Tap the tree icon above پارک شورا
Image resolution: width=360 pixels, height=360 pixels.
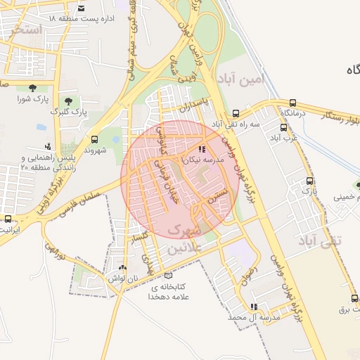(x=32, y=87)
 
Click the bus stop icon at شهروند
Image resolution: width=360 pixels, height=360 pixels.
(x=95, y=139)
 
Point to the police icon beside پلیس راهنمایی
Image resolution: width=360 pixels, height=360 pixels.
(x=47, y=146)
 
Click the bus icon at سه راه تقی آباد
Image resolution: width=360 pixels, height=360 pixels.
(x=236, y=112)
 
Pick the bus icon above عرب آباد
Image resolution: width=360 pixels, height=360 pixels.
(x=284, y=127)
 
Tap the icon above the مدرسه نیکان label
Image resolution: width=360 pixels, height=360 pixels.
(x=202, y=149)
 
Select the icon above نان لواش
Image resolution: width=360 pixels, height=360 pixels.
(x=123, y=267)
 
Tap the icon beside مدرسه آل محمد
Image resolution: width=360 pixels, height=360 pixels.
(x=254, y=307)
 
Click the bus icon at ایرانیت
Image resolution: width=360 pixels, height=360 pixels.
(x=7, y=219)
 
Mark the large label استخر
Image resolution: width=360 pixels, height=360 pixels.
(x=27, y=30)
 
